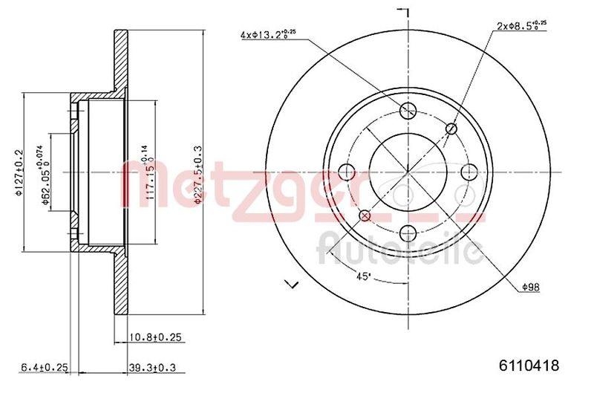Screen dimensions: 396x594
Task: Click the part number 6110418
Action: coord(529,365)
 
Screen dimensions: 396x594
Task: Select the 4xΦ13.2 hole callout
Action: coord(269,34)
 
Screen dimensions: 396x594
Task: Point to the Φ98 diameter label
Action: coord(529,287)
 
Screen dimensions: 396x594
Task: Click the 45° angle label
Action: coord(363,277)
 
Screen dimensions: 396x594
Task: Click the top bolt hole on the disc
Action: coord(407,111)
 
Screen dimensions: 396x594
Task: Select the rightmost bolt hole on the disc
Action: coord(469,172)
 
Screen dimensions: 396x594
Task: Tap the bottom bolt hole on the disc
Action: coord(407,234)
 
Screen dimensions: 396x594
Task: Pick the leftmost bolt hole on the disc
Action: coord(346,172)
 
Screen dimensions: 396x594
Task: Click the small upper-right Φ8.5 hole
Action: coord(451,129)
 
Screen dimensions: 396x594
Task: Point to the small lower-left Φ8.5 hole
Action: coord(364,216)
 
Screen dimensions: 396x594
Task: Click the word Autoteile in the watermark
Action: coord(397,248)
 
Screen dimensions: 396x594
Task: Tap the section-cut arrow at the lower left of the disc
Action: coord(291,283)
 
